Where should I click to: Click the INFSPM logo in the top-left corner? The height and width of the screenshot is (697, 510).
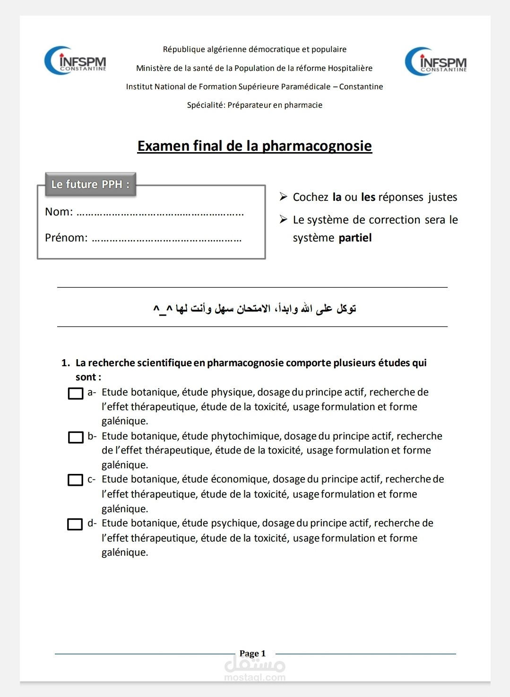pos(75,60)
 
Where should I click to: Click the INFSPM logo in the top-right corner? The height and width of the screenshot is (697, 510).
pos(435,61)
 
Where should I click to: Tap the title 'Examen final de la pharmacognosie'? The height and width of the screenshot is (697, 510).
pos(254,146)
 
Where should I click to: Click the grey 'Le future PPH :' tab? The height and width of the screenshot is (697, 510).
pos(90,184)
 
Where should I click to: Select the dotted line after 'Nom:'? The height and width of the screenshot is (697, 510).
pos(160,213)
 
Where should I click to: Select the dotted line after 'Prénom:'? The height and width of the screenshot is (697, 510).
pos(166,239)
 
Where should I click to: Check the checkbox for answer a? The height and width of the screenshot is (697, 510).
pos(76,393)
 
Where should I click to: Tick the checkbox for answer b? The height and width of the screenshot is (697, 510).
pos(76,437)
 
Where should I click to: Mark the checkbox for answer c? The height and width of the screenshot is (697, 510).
pos(76,480)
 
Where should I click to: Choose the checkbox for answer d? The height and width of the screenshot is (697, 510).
pos(75,524)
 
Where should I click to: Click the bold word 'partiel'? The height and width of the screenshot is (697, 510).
pos(355,238)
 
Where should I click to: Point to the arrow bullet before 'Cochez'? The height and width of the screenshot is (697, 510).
pos(283,197)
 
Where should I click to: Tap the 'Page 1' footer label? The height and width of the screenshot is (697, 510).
pos(252,654)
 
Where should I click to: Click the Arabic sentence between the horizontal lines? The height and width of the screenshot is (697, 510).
pos(254,309)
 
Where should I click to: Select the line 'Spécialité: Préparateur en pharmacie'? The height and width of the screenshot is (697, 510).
pos(254,105)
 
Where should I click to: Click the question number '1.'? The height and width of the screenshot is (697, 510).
pos(66,363)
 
